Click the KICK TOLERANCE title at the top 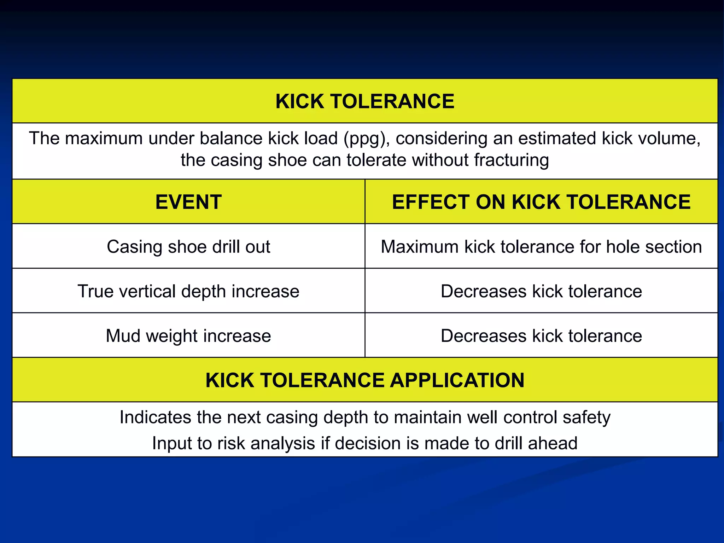tap(365, 101)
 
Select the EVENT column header tap(188, 202)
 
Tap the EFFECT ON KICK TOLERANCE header tap(541, 202)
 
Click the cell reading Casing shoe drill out tap(188, 247)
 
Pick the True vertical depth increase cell tap(188, 291)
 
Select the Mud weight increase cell tap(188, 336)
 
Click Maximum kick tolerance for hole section tap(541, 247)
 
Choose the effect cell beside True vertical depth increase tap(541, 291)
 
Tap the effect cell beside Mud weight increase tap(541, 336)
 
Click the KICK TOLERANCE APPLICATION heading tap(365, 380)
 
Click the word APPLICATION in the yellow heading tap(457, 380)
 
